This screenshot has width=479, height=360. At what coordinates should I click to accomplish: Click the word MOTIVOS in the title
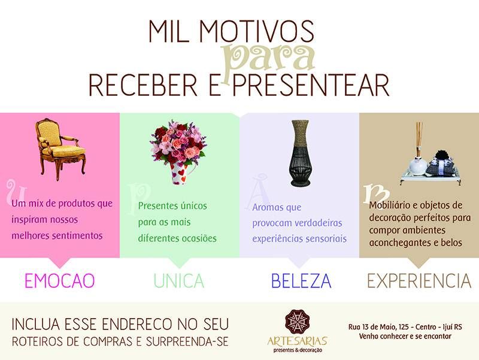pos(257,32)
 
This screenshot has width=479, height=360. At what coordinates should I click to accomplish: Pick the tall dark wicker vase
pos(301,153)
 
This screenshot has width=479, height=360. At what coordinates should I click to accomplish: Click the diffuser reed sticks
pos(419,139)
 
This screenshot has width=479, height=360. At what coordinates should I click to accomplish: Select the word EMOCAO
pos(59,280)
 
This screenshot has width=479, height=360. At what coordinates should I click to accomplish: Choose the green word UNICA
pos(178,280)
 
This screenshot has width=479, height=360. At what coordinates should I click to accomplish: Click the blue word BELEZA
pos(301,280)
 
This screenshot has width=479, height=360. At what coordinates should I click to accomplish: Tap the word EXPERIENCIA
pos(419,280)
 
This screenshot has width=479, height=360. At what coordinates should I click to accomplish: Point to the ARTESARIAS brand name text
pos(297,341)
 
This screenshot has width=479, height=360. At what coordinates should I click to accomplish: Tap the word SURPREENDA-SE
pos(187,341)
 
